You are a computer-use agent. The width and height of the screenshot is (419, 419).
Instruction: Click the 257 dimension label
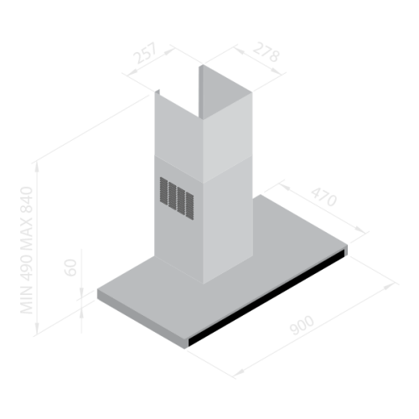pyautogui.click(x=145, y=53)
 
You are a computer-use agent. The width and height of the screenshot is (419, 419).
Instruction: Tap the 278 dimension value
pyautogui.click(x=266, y=52)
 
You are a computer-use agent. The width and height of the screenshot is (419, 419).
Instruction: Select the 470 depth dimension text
pyautogui.click(x=323, y=197)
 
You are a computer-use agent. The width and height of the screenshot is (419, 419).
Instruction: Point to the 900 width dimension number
pyautogui.click(x=302, y=325)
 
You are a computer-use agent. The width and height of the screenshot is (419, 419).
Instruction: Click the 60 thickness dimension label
pyautogui.click(x=70, y=267)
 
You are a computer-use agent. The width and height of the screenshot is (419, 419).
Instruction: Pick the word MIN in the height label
pyautogui.click(x=27, y=300)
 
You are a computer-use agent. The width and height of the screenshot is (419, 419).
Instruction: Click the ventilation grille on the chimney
pyautogui.click(x=177, y=198)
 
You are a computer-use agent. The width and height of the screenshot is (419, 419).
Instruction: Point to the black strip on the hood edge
pyautogui.click(x=266, y=298)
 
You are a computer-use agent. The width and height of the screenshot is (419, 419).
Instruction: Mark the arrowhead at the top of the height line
pyautogui.click(x=37, y=167)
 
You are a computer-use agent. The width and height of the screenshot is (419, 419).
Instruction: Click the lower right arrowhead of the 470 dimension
pyautogui.click(x=360, y=230)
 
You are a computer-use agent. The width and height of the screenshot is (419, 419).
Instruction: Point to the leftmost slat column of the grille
pyautogui.click(x=163, y=191)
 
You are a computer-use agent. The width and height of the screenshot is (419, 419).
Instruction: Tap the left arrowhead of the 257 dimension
pyautogui.click(x=132, y=72)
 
